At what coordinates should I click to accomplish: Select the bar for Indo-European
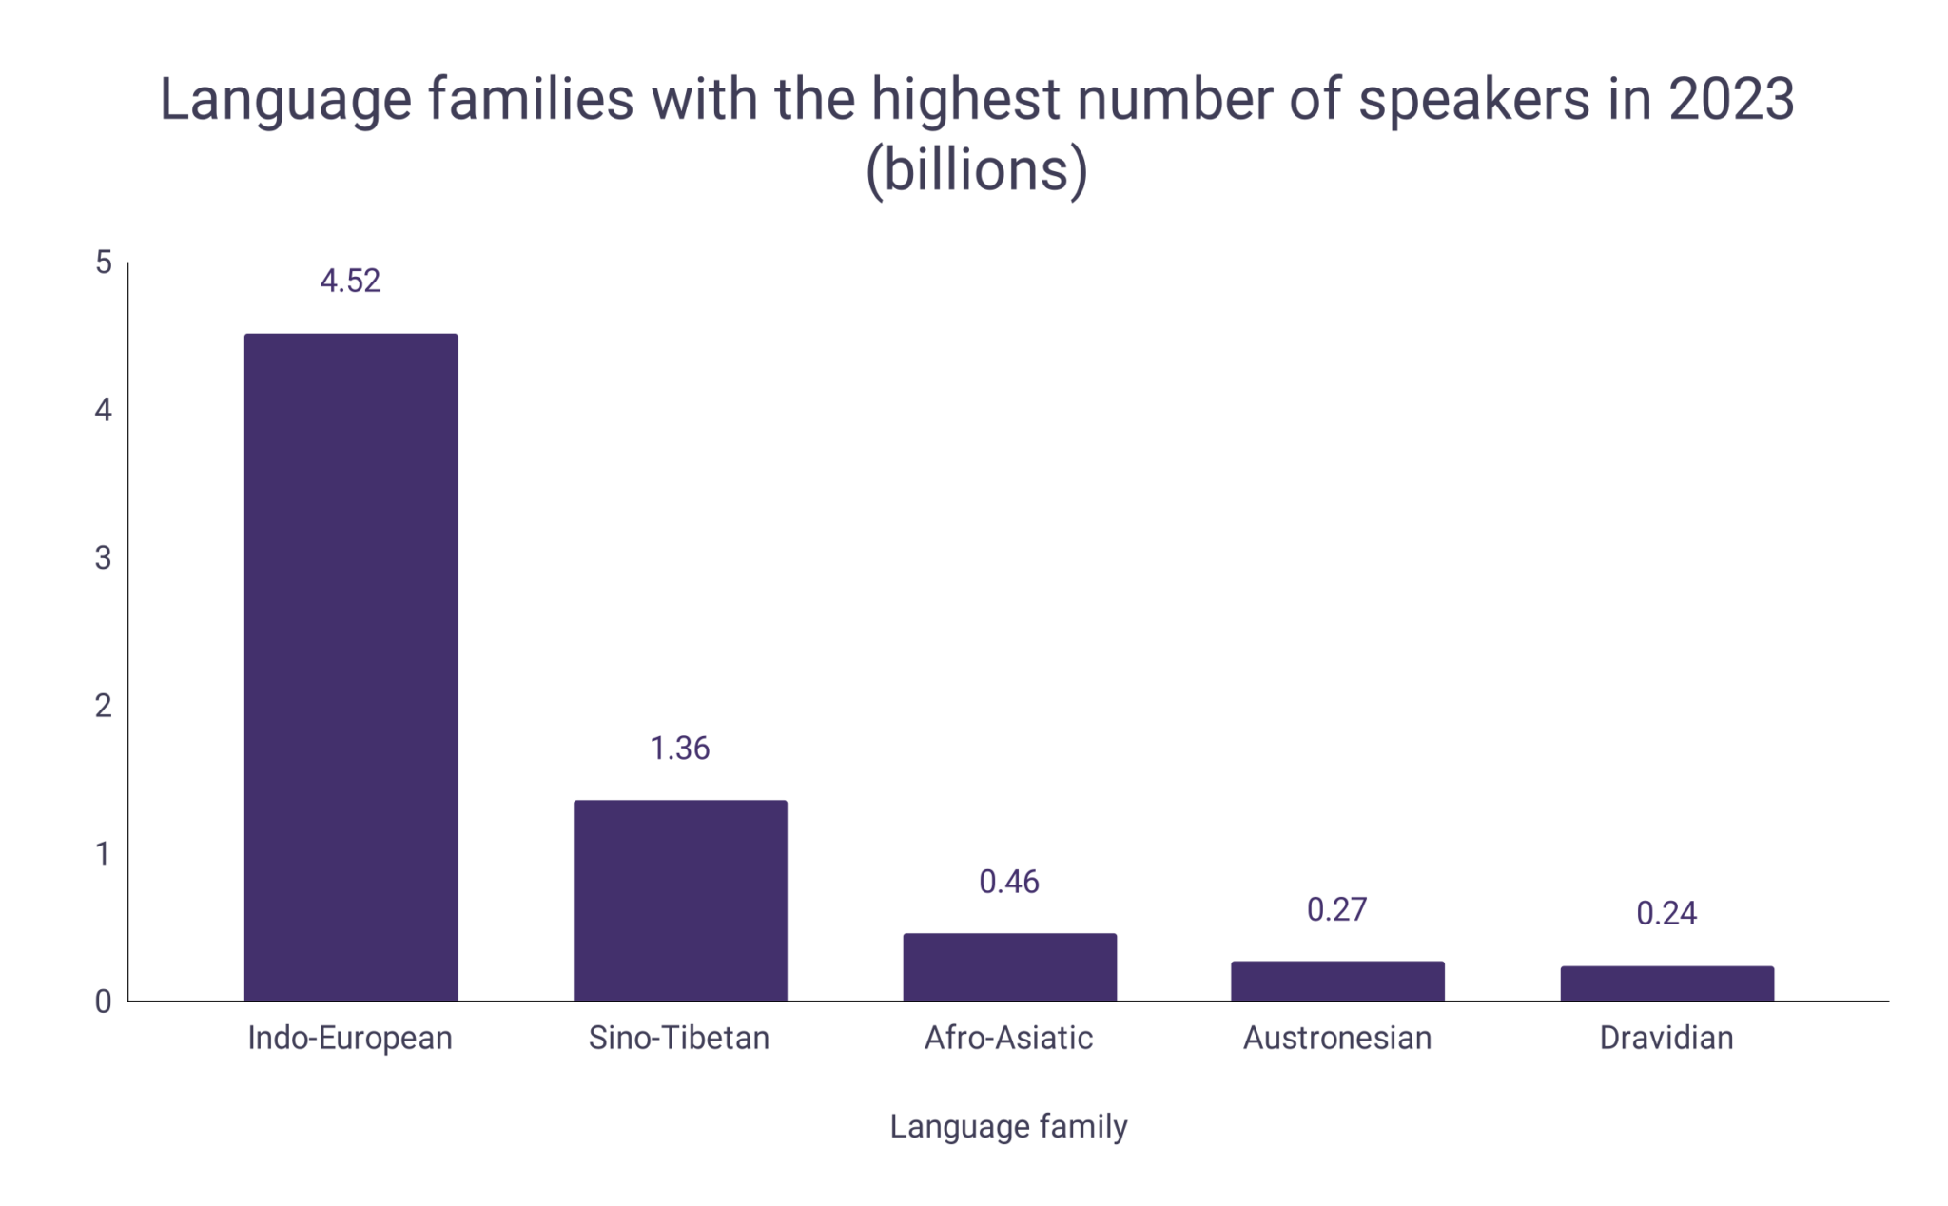pyautogui.click(x=351, y=666)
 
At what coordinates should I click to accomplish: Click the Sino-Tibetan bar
pyautogui.click(x=680, y=900)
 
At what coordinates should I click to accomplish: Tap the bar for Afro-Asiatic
pyautogui.click(x=1009, y=966)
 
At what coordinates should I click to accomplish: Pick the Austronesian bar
pyautogui.click(x=1337, y=981)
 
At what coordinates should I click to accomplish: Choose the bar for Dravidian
pyautogui.click(x=1666, y=983)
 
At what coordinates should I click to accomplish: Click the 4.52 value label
pyautogui.click(x=350, y=281)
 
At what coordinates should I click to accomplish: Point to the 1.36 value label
pyautogui.click(x=679, y=749)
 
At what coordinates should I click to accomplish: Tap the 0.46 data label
pyautogui.click(x=1008, y=882)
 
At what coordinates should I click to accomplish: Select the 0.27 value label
pyautogui.click(x=1336, y=909)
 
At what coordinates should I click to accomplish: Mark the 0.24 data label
pyautogui.click(x=1666, y=913)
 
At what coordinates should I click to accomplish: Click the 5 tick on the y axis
pyautogui.click(x=104, y=263)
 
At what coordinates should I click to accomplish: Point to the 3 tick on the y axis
pyautogui.click(x=104, y=558)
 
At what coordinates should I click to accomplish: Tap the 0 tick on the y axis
pyautogui.click(x=104, y=1002)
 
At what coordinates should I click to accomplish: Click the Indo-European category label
pyautogui.click(x=350, y=1038)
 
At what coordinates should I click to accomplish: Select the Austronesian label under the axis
pyautogui.click(x=1336, y=1038)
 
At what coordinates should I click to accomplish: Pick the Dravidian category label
pyautogui.click(x=1666, y=1038)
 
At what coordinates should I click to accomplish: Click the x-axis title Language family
pyautogui.click(x=1008, y=1126)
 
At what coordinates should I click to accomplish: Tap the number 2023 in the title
pyautogui.click(x=1731, y=99)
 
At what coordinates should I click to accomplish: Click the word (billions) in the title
pyautogui.click(x=976, y=169)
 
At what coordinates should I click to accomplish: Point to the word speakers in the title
pyautogui.click(x=1473, y=99)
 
